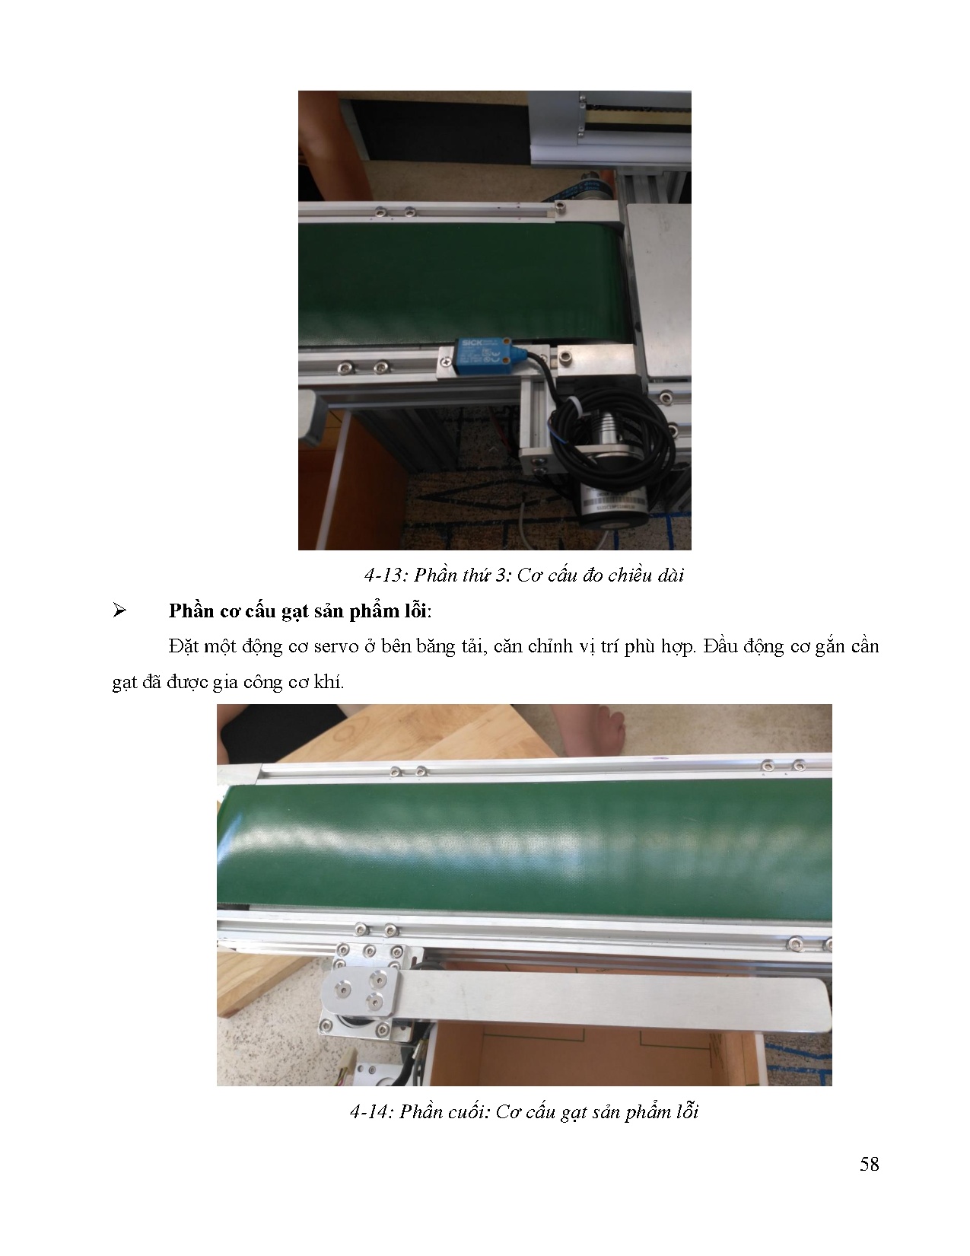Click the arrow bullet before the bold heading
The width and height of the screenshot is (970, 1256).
(x=119, y=611)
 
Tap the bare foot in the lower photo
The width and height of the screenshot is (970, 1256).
(x=598, y=731)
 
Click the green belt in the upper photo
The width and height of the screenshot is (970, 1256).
(x=456, y=282)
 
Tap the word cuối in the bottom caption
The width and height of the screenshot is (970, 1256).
(x=461, y=1112)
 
